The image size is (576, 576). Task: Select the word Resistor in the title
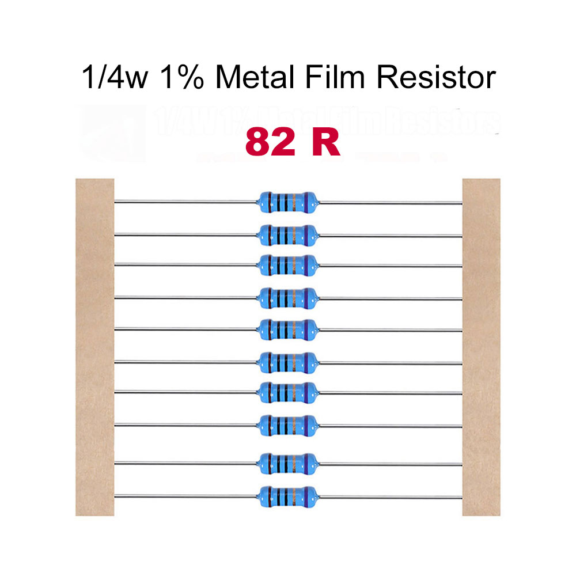point(436,78)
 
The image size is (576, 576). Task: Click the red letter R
point(326,143)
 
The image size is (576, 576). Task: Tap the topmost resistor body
point(286,202)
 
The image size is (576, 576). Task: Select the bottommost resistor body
point(286,494)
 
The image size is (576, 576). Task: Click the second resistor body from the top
point(286,234)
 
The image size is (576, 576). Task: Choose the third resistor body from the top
point(286,264)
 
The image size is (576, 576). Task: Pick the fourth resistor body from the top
point(286,297)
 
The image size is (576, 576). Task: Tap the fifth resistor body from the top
point(286,329)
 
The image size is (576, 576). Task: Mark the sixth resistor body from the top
point(286,362)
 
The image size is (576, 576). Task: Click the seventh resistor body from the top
point(286,392)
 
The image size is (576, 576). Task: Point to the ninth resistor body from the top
point(286,462)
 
